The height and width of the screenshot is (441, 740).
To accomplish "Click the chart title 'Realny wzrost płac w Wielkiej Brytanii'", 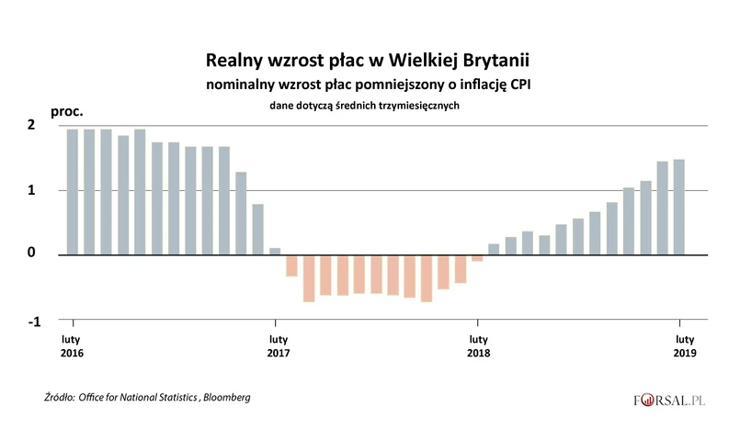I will click(x=368, y=61).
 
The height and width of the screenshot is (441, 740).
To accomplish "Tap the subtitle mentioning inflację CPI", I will click(x=367, y=85).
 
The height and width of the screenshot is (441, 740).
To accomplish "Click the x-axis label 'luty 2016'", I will click(x=72, y=344).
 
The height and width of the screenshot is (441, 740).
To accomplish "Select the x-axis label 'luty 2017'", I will click(x=275, y=344).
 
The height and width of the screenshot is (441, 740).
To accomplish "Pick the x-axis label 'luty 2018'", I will click(x=477, y=344).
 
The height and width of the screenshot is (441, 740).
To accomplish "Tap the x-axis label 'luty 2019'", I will click(x=680, y=344).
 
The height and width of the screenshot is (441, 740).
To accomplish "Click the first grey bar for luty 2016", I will click(x=73, y=191).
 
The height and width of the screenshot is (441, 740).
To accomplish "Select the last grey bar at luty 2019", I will click(x=678, y=207).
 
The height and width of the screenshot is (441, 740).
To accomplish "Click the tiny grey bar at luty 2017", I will click(x=275, y=251).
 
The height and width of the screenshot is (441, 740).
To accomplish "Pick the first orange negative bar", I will click(x=291, y=266).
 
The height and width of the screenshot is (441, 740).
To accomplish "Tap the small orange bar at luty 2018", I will click(x=477, y=258).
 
